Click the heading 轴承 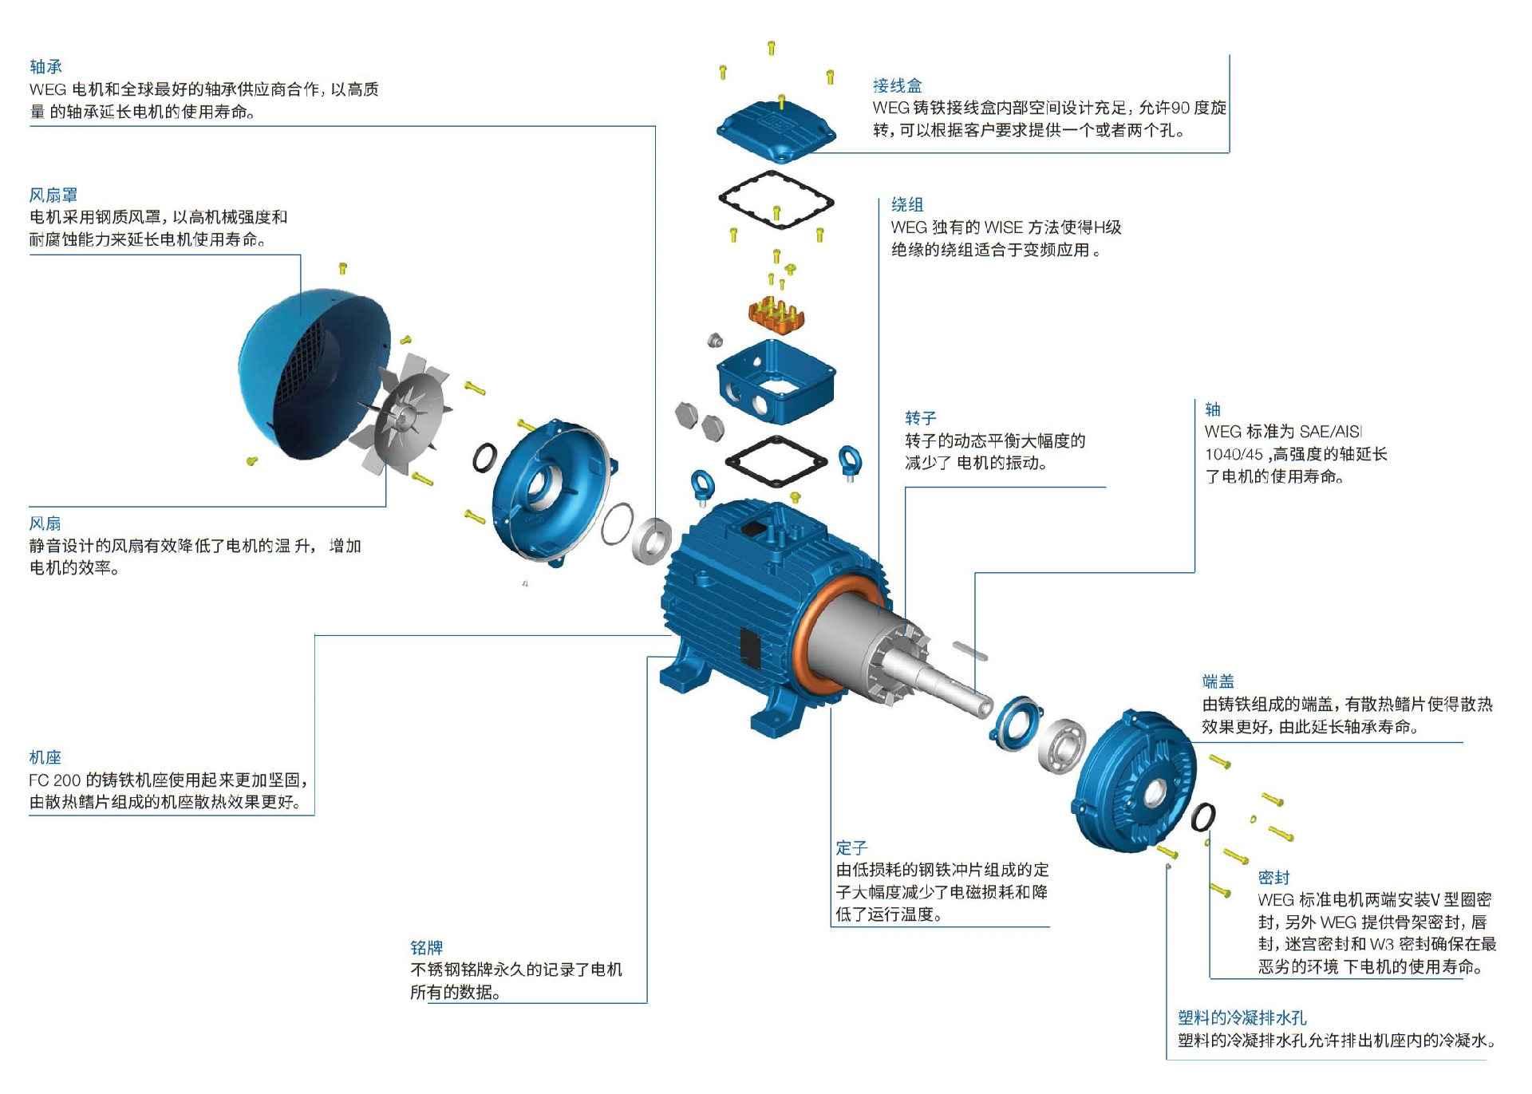[x=45, y=67]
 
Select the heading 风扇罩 [x=53, y=195]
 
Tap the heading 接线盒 [x=897, y=85]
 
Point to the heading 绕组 [x=906, y=205]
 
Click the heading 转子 [x=920, y=418]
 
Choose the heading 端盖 [x=1218, y=681]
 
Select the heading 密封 [x=1273, y=878]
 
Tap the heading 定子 [x=851, y=847]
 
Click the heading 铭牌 [x=426, y=947]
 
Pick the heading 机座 [x=45, y=757]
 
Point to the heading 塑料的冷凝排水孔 [x=1242, y=1018]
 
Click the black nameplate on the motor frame [x=749, y=646]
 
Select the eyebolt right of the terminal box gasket [x=850, y=461]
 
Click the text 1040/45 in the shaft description [x=1234, y=455]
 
